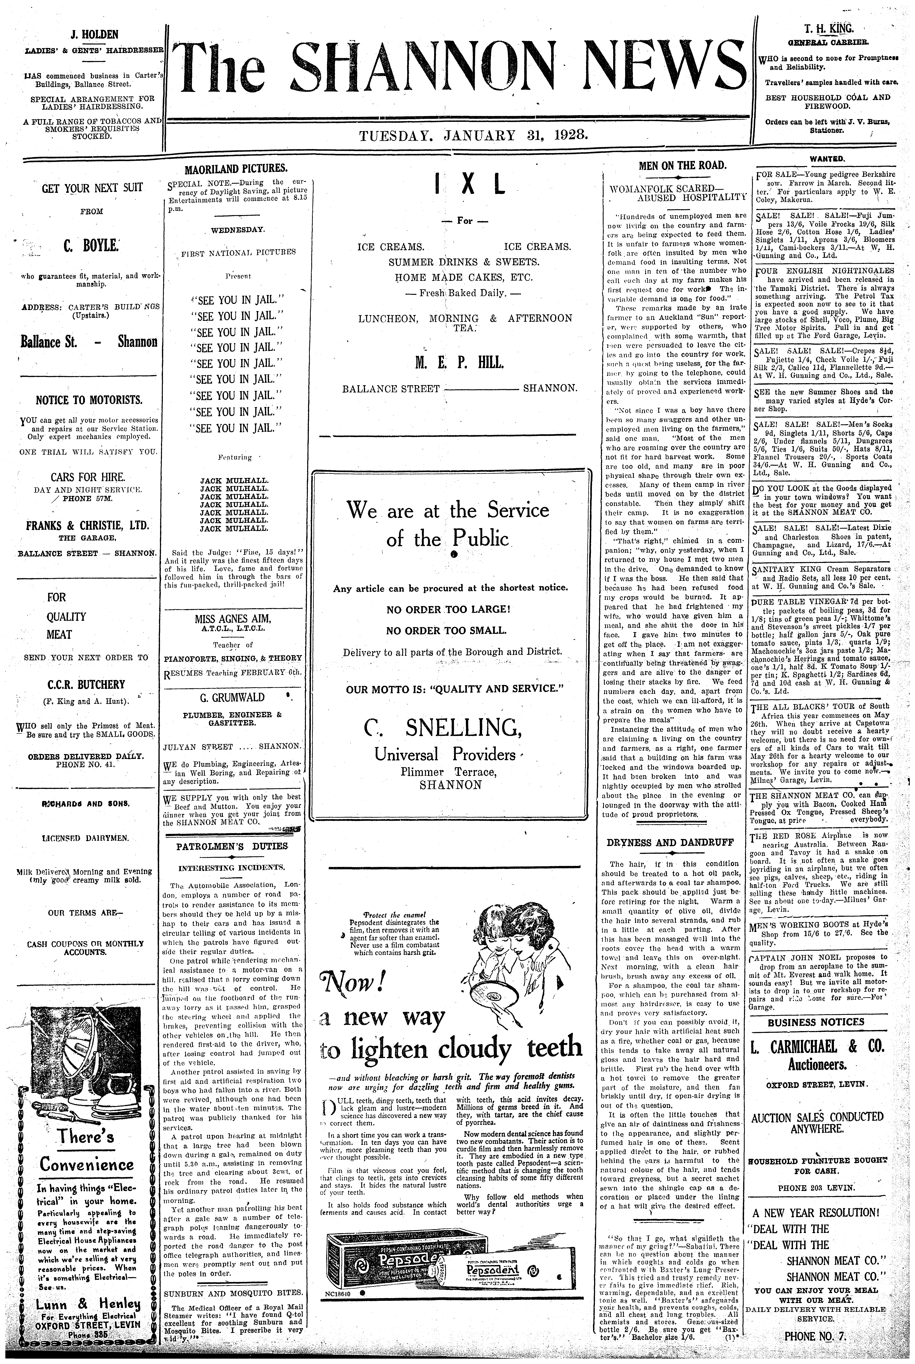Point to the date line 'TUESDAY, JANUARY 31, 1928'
coord(473,136)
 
